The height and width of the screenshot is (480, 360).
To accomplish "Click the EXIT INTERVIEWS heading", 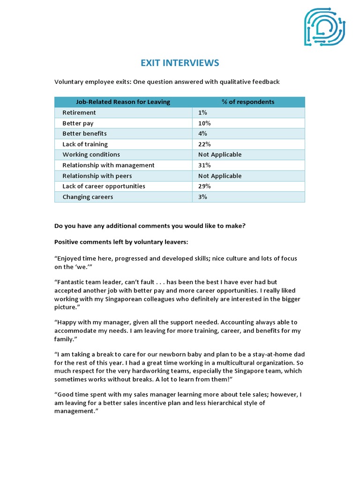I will (180, 63).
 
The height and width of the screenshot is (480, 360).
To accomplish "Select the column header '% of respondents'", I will (248, 102).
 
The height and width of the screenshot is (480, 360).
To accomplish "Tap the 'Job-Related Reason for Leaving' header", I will (123, 102).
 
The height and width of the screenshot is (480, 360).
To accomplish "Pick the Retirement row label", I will (79, 112).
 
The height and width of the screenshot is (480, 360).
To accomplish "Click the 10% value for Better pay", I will (205, 123).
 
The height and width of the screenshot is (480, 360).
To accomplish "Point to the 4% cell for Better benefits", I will (203, 134).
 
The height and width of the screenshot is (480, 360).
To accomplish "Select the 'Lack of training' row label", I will (85, 144).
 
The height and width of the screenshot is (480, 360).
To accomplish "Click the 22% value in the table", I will (205, 144).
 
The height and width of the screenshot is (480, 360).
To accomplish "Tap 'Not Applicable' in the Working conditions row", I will (220, 154).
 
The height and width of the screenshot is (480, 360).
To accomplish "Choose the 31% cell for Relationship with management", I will (205, 165).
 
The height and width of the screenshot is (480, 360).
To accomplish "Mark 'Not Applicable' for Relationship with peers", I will (220, 176).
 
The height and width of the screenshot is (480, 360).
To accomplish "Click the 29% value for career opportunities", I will (205, 186).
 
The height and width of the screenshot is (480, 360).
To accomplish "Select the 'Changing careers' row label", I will (88, 197).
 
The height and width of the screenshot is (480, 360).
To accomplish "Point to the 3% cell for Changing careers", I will (203, 197).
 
